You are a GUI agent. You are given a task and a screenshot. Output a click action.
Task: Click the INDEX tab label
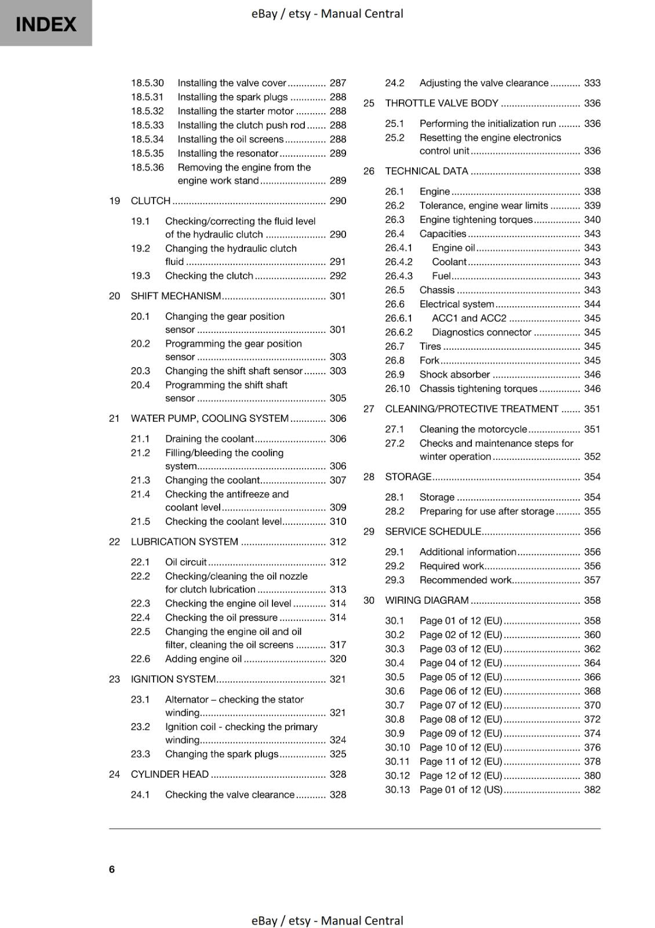point(46,24)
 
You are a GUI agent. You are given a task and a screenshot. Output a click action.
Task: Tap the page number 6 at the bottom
point(112,869)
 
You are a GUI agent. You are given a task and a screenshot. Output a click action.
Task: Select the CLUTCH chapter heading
point(151,201)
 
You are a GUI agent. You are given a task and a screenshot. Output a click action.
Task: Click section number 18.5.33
point(147,125)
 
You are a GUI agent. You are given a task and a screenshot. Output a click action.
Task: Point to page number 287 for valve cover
point(337,83)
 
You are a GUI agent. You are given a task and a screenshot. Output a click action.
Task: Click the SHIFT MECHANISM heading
point(176,296)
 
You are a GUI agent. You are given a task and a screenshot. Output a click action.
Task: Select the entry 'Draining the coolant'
point(209,439)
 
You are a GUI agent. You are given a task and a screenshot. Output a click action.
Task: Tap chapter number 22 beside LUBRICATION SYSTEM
point(114,542)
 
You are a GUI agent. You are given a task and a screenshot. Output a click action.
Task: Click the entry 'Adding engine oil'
point(203,659)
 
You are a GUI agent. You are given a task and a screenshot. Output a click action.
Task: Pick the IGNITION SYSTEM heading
point(173,679)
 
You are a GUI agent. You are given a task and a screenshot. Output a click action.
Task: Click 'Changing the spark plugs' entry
point(222,754)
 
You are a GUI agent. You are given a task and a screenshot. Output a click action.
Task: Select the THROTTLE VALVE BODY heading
point(442,103)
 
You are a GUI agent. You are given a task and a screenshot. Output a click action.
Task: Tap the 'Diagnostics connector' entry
point(482,332)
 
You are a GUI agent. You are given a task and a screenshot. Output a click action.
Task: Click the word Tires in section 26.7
point(430,346)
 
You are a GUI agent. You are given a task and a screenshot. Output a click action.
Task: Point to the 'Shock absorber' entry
point(455,375)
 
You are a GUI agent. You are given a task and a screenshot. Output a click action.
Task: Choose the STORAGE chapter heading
point(408,477)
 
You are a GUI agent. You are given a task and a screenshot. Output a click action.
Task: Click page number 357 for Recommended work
point(592,580)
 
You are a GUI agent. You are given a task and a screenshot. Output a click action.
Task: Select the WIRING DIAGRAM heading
point(427,600)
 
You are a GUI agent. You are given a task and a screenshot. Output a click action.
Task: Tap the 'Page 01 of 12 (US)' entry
point(461,790)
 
